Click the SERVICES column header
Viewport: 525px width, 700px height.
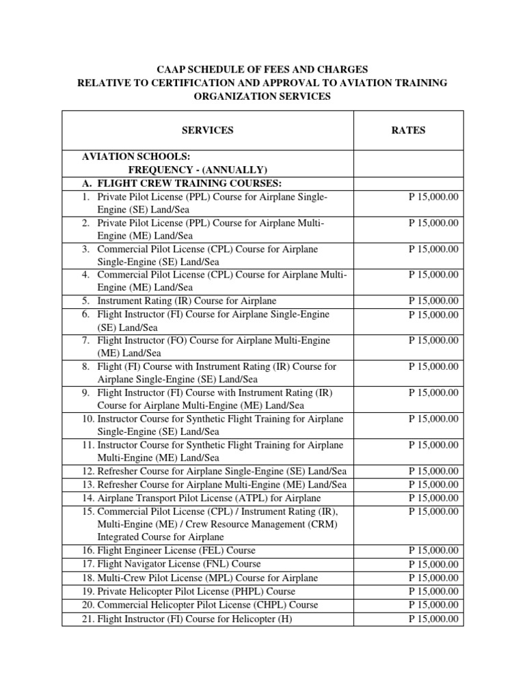pos(208,130)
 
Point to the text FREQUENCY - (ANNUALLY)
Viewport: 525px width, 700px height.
pos(198,170)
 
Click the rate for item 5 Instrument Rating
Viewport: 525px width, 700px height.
pos(433,301)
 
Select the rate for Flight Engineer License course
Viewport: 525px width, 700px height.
pos(433,550)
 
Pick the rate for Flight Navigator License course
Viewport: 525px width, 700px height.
pos(433,564)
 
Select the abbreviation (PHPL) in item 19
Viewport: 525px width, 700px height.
pos(228,591)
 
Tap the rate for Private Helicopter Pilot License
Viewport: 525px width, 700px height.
pos(433,591)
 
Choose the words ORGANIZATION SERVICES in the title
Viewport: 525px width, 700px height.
pos(262,96)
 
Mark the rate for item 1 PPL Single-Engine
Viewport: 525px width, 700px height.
pos(433,197)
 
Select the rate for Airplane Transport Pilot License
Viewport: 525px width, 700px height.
pos(433,498)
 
